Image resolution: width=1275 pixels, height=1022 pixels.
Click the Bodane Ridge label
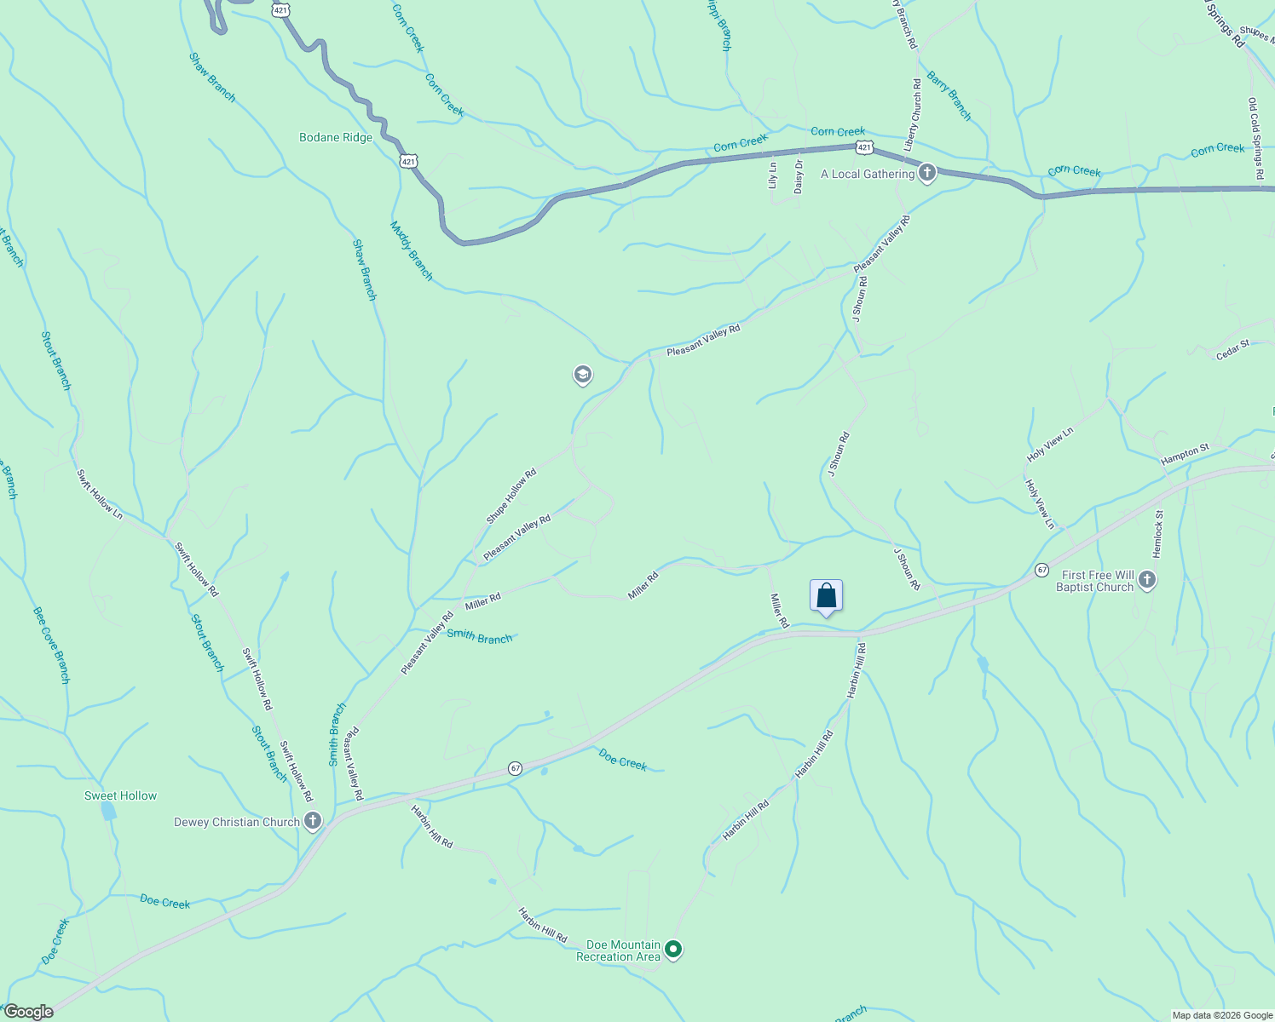pos(336,137)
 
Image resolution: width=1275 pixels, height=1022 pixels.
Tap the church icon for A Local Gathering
pos(927,173)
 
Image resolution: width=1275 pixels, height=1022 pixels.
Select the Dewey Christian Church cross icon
pos(313,821)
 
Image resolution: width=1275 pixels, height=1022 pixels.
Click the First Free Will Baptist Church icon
pos(1147,581)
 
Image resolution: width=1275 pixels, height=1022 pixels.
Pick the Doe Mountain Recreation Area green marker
pos(673,949)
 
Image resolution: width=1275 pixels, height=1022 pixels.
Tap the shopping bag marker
pos(826,595)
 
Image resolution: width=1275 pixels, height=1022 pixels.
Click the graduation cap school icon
pos(583,375)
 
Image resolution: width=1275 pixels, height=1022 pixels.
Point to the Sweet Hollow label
pos(120,795)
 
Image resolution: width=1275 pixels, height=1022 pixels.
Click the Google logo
pos(29,1012)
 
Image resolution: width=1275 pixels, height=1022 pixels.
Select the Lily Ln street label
pos(773,175)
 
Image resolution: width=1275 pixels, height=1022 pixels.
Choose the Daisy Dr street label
pos(799,176)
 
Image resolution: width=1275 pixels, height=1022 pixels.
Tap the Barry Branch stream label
pos(949,95)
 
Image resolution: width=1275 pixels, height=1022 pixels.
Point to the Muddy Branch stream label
pos(412,250)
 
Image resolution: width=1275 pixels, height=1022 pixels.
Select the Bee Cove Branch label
pos(51,645)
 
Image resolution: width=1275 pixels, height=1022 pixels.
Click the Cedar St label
pos(1232,349)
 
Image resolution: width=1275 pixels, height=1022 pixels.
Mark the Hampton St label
pos(1185,454)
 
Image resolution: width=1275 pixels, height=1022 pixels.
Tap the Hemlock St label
pos(1157,534)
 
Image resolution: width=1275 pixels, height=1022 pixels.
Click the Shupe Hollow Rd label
pos(511,496)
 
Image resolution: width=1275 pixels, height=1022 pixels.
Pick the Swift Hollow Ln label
pos(100,494)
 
